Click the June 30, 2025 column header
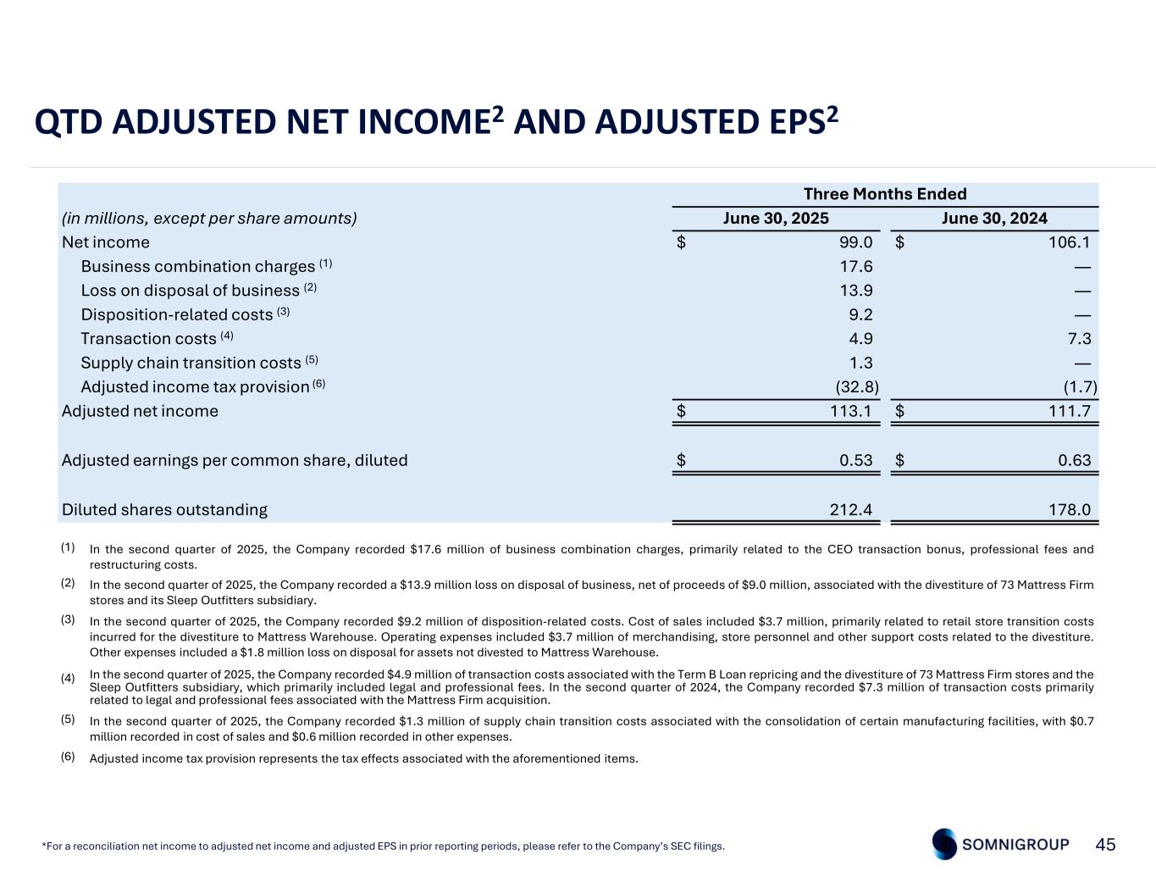(x=775, y=218)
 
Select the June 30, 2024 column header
(x=994, y=218)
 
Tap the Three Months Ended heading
(x=885, y=194)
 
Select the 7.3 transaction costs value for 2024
(x=1079, y=339)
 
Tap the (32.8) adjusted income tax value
(x=857, y=387)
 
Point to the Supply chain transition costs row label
(x=191, y=363)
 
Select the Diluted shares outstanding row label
(x=164, y=509)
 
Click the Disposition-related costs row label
(x=177, y=314)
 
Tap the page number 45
(x=1105, y=844)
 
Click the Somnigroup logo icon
(x=944, y=844)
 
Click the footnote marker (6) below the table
(x=68, y=756)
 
